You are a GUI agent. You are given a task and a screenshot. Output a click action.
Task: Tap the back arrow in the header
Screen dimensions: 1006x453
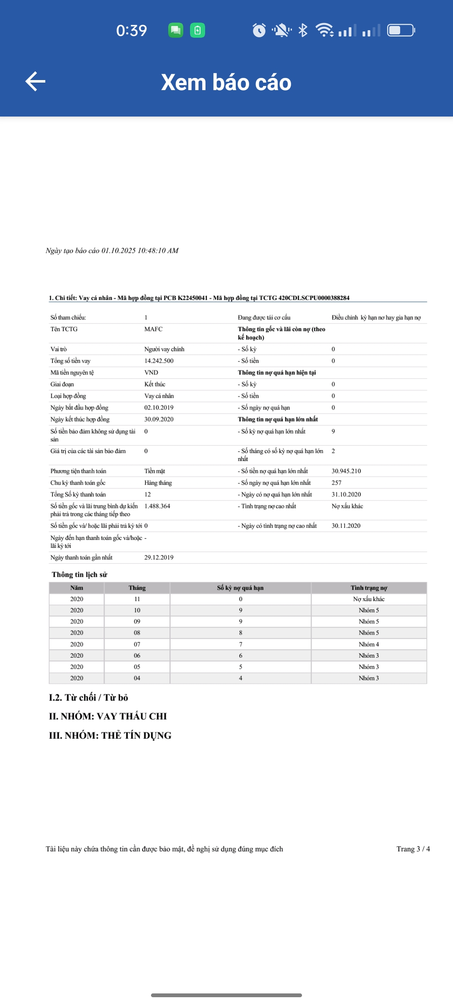[36, 81]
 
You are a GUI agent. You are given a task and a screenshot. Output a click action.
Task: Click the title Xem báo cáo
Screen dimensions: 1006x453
[226, 82]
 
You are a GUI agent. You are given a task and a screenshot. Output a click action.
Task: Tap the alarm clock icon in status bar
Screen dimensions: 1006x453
[259, 30]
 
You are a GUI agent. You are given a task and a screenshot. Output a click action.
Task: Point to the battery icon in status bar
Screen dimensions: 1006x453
[401, 30]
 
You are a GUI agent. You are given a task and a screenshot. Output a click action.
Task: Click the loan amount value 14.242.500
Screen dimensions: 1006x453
[159, 361]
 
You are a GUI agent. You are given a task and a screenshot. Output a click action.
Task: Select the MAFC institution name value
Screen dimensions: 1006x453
[153, 329]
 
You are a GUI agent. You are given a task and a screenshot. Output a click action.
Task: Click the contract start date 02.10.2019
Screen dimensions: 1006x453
[159, 407]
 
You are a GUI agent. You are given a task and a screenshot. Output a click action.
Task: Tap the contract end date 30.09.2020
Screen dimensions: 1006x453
[159, 419]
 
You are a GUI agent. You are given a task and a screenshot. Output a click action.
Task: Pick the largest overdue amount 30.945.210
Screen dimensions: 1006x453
[346, 471]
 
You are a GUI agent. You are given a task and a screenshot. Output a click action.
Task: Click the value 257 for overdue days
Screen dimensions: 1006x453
[336, 483]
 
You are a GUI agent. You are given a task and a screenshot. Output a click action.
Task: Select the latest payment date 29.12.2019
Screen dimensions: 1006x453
[159, 557]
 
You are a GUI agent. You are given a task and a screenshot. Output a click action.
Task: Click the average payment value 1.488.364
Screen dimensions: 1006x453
[157, 506]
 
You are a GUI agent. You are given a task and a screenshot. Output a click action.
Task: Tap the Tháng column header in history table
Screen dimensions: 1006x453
[137, 588]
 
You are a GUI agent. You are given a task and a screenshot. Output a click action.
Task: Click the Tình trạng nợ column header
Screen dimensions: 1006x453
[369, 588]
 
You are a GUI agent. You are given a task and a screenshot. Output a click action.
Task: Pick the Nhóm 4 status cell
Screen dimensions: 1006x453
[369, 644]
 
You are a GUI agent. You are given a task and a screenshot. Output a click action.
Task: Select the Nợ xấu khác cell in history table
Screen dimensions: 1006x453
[369, 599]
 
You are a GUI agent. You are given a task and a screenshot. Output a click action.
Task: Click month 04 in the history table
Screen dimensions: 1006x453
[137, 678]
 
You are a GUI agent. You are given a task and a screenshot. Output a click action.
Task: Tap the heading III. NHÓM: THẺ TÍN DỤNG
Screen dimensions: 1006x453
[110, 736]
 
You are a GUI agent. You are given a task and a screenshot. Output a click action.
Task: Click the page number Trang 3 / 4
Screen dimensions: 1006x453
[413, 849]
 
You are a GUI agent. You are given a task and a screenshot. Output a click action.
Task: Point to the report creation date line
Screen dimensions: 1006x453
[112, 251]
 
